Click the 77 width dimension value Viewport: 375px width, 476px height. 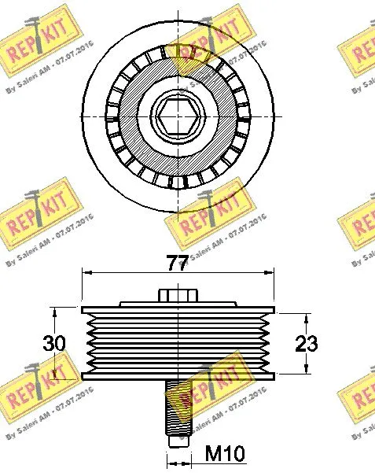(x=178, y=264)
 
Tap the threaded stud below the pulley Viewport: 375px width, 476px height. (x=178, y=409)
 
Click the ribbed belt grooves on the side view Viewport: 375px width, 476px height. (x=178, y=342)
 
